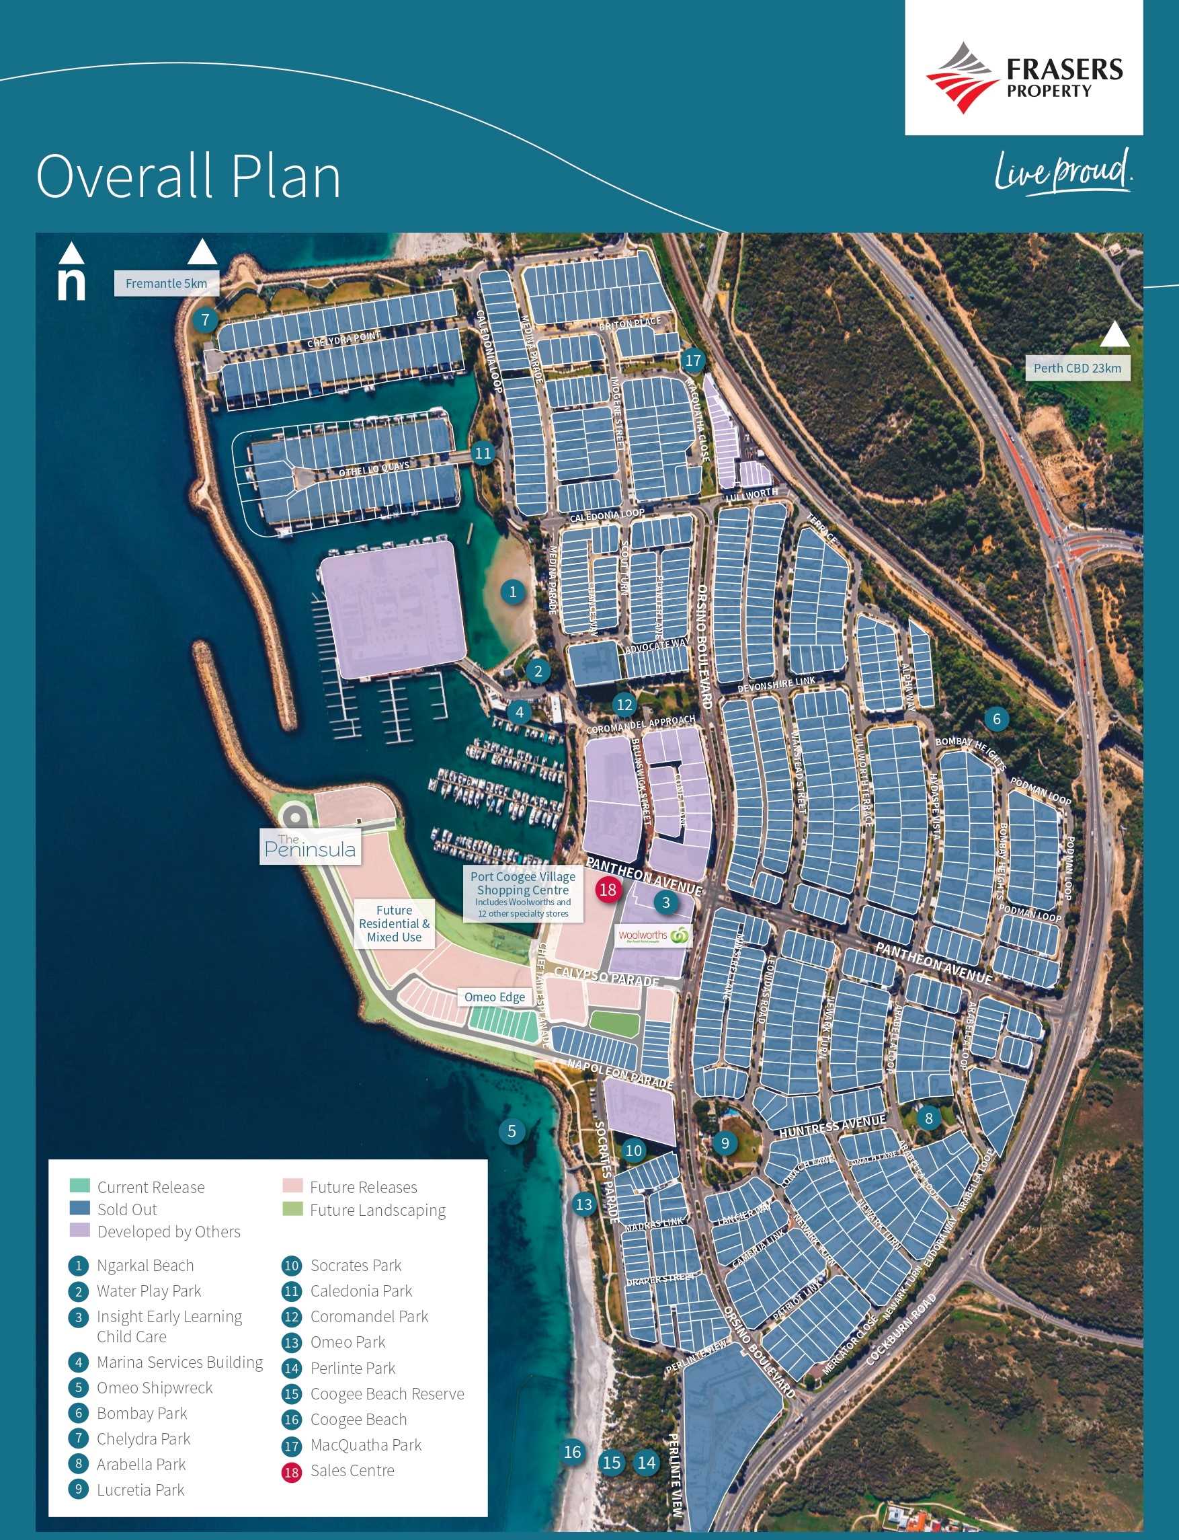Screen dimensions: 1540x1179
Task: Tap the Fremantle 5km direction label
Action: tap(166, 284)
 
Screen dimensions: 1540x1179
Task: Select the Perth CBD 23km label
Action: tap(1077, 368)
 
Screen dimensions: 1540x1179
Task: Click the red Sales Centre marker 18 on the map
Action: tap(607, 889)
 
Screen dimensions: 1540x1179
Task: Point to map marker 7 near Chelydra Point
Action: tap(205, 321)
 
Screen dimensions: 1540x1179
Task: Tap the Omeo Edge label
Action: tap(494, 997)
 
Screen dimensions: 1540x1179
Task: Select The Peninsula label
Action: tap(309, 846)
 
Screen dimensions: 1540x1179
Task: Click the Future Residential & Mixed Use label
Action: tap(394, 923)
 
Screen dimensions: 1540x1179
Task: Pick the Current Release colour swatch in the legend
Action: tap(79, 1186)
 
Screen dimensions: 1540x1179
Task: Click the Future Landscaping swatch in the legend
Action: tap(292, 1208)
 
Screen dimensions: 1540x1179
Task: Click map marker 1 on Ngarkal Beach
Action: tap(512, 592)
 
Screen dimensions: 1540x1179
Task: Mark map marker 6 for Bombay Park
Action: tap(996, 718)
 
